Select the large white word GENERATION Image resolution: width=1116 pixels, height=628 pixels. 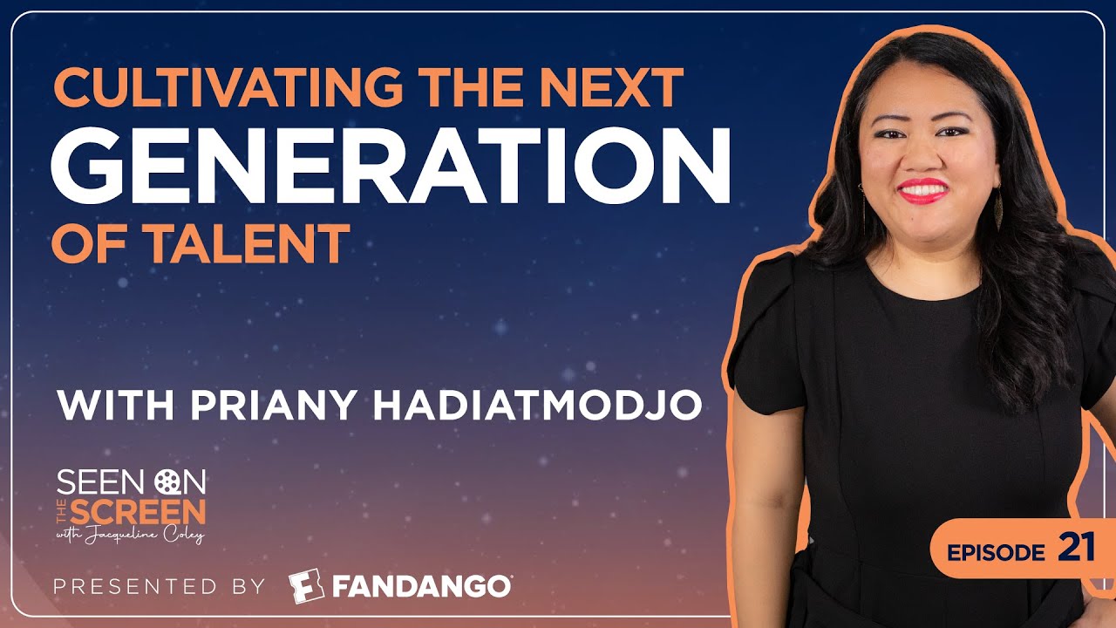[391, 166]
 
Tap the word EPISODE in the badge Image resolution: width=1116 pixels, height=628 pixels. [996, 552]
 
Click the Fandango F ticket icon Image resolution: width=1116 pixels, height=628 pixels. [306, 586]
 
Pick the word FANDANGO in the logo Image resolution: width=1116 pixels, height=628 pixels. [421, 587]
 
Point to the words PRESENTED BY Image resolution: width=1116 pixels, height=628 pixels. [159, 587]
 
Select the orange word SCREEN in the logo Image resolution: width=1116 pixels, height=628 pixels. [138, 511]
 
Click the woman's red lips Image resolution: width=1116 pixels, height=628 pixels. [922, 190]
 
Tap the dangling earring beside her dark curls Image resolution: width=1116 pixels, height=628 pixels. [998, 209]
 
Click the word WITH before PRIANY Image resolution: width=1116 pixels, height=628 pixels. [115, 404]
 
